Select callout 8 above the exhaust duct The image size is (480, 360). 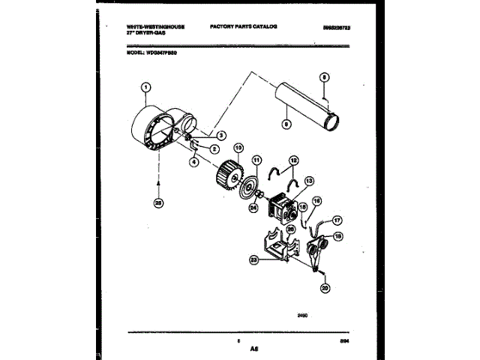(x=324, y=77)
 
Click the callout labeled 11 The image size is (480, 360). (x=256, y=160)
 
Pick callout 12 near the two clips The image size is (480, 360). (x=293, y=160)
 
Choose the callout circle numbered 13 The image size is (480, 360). (x=309, y=180)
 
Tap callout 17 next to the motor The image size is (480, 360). (x=337, y=220)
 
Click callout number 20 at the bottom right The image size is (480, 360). (x=325, y=288)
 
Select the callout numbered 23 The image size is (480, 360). (x=253, y=259)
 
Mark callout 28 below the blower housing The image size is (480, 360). (x=158, y=202)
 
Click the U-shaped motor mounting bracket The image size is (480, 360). (x=274, y=247)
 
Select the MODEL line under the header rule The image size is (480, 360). (x=150, y=51)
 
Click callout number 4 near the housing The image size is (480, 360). (x=193, y=160)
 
